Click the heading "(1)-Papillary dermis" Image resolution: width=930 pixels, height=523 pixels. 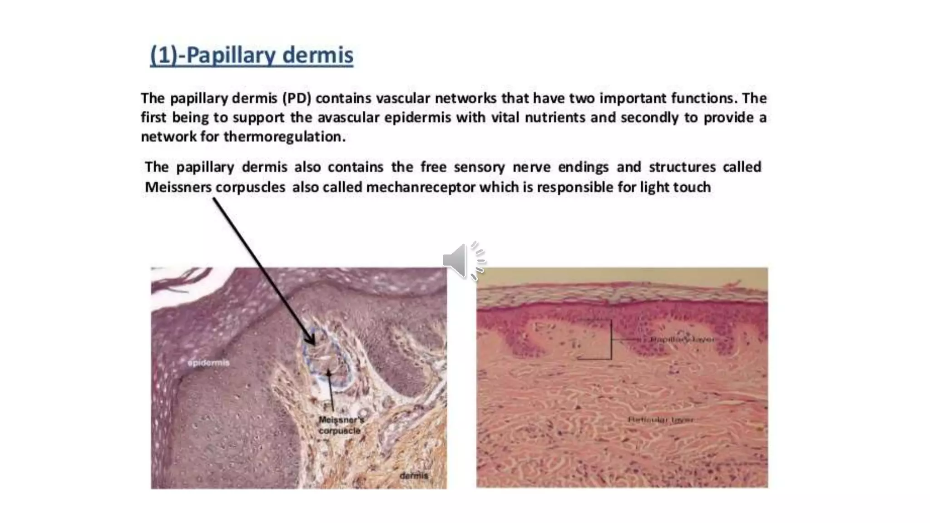pyautogui.click(x=251, y=56)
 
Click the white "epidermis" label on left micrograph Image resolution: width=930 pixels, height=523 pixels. pyautogui.click(x=208, y=363)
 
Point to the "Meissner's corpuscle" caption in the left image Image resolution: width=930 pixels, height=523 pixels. pyautogui.click(x=341, y=425)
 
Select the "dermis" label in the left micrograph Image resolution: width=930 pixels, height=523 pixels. pyautogui.click(x=414, y=475)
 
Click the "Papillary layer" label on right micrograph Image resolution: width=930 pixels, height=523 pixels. pyautogui.click(x=682, y=339)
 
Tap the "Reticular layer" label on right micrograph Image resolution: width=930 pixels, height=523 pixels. pyautogui.click(x=661, y=419)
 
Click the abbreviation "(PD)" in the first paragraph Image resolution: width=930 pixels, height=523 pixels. pyautogui.click(x=296, y=98)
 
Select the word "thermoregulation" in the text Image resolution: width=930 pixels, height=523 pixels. pyautogui.click(x=284, y=137)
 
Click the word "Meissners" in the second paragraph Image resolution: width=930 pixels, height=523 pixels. pyautogui.click(x=178, y=187)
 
